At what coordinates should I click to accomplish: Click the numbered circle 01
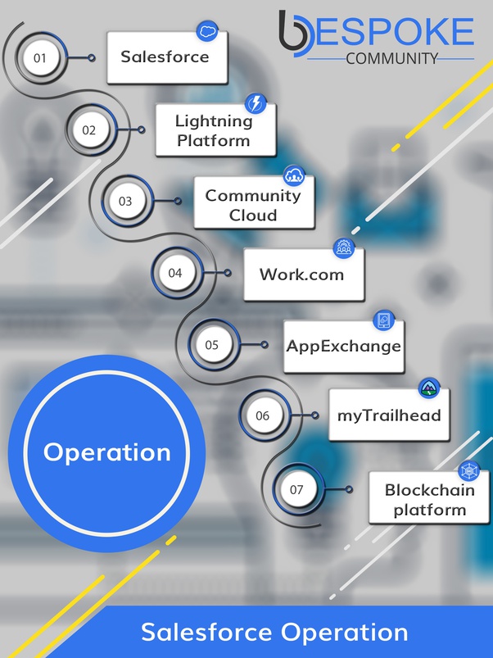tap(40, 57)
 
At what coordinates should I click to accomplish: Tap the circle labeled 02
tap(89, 129)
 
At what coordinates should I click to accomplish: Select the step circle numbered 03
tap(125, 201)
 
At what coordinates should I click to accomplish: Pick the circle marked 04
tap(174, 273)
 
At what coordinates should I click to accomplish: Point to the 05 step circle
tap(212, 344)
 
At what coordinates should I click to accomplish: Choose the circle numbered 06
tap(262, 415)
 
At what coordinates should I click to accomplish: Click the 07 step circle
tap(296, 489)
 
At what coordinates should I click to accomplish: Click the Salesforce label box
tap(167, 57)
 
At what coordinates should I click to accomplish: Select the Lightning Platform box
tap(216, 130)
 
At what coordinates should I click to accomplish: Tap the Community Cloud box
tap(254, 202)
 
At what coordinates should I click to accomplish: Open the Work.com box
tap(304, 275)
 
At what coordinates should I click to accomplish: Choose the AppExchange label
tap(344, 347)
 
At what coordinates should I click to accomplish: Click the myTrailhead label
tap(389, 415)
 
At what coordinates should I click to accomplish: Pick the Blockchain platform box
tap(429, 497)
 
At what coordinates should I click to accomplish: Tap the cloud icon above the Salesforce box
tap(207, 31)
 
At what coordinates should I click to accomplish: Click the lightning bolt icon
tap(256, 103)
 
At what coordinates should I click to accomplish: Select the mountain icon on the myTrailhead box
tap(429, 388)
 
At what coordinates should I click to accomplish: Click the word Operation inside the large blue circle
tap(107, 452)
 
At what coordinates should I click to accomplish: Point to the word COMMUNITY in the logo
tap(392, 58)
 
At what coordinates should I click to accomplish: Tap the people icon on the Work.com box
tap(344, 248)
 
